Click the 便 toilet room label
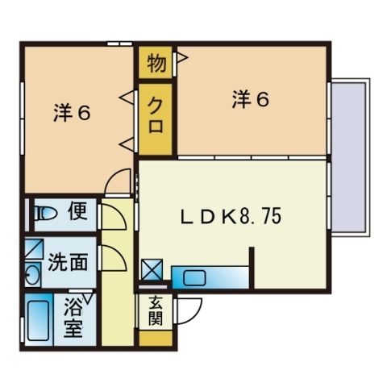tap(78, 211)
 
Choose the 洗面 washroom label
tap(68, 261)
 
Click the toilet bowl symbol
tap(46, 214)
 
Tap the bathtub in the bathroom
tap(39, 320)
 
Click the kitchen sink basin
tap(194, 278)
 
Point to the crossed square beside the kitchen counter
tap(152, 269)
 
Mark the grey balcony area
tap(349, 157)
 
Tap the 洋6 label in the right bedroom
tap(251, 100)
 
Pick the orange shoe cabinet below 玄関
tap(156, 338)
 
